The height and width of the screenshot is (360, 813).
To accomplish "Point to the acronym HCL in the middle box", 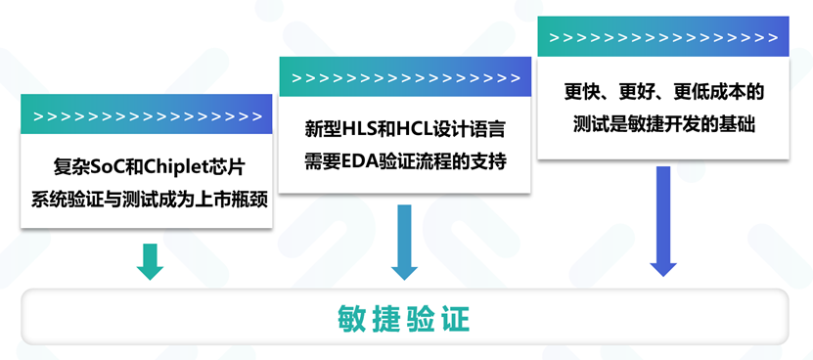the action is (x=413, y=130).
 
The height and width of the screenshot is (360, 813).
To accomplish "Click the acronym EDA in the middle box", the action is (x=355, y=161).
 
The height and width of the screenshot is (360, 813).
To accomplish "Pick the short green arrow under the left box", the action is (x=150, y=261).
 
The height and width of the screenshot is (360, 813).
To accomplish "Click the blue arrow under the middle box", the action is (x=404, y=243).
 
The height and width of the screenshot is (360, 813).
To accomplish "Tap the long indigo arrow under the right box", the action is (x=663, y=221).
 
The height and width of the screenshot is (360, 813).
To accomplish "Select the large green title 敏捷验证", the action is (x=404, y=319).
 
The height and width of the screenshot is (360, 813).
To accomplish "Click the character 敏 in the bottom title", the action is (x=350, y=319).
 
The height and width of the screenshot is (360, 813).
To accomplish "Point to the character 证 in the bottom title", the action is (x=457, y=319).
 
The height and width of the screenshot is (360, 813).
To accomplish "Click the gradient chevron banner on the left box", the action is (x=146, y=114).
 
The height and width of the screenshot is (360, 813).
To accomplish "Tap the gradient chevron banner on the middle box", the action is (x=405, y=76).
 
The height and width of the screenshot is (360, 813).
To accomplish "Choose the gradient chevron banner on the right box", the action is (x=663, y=36).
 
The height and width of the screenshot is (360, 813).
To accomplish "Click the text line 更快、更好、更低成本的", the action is (x=663, y=93).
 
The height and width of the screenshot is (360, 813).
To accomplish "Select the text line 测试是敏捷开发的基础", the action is (x=663, y=124).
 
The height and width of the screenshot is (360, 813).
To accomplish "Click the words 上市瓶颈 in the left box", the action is (x=232, y=200).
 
